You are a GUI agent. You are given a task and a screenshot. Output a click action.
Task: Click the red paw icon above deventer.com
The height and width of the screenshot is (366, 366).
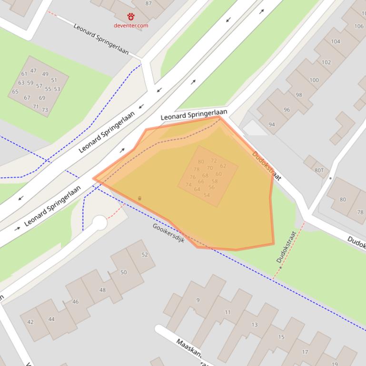pyautogui.click(x=131, y=17)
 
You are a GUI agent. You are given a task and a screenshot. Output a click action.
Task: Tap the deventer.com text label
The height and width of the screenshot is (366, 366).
pyautogui.click(x=131, y=25)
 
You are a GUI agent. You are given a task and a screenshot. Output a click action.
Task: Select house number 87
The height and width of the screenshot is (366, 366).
pyautogui.click(x=148, y=3)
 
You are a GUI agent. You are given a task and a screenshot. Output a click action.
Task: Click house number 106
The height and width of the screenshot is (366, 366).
pyautogui.click(x=358, y=26)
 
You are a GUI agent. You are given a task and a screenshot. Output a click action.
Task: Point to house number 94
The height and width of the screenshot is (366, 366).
pyautogui.click(x=272, y=125)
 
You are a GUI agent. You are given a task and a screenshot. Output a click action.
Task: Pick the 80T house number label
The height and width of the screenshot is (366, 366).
pyautogui.click(x=319, y=170)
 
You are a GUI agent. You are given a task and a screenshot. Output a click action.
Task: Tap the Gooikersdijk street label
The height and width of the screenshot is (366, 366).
pyautogui.click(x=168, y=233)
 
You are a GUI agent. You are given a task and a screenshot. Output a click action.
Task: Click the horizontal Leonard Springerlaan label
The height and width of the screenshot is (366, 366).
pyautogui.click(x=194, y=115)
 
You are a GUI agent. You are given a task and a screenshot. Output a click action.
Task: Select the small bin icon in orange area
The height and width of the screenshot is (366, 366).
pyautogui.click(x=140, y=198)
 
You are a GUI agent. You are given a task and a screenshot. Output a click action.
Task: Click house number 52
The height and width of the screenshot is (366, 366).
pyautogui.click(x=145, y=255)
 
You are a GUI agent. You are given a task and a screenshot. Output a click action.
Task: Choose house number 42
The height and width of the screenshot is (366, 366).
pyautogui.click(x=30, y=322)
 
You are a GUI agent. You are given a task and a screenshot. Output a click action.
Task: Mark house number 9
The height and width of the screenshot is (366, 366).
pyautogui.click(x=198, y=300)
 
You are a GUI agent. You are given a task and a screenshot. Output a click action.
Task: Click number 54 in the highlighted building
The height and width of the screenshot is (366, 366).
pyautogui.click(x=207, y=195)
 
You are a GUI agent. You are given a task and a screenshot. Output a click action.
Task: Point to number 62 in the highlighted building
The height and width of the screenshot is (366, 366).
pyautogui.click(x=223, y=166)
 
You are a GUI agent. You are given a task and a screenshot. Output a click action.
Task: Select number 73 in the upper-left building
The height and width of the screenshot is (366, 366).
pyautogui.click(x=45, y=110)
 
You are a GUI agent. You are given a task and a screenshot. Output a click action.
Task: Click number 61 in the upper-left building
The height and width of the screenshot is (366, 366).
pyautogui.click(x=24, y=74)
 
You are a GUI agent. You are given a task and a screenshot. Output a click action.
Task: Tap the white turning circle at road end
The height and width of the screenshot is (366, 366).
pyautogui.click(x=99, y=222)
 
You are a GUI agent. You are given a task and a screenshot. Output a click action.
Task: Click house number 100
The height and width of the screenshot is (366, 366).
pyautogui.click(x=314, y=80)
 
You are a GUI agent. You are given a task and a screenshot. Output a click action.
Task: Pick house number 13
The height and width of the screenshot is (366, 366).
pyautogui.click(x=255, y=325)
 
